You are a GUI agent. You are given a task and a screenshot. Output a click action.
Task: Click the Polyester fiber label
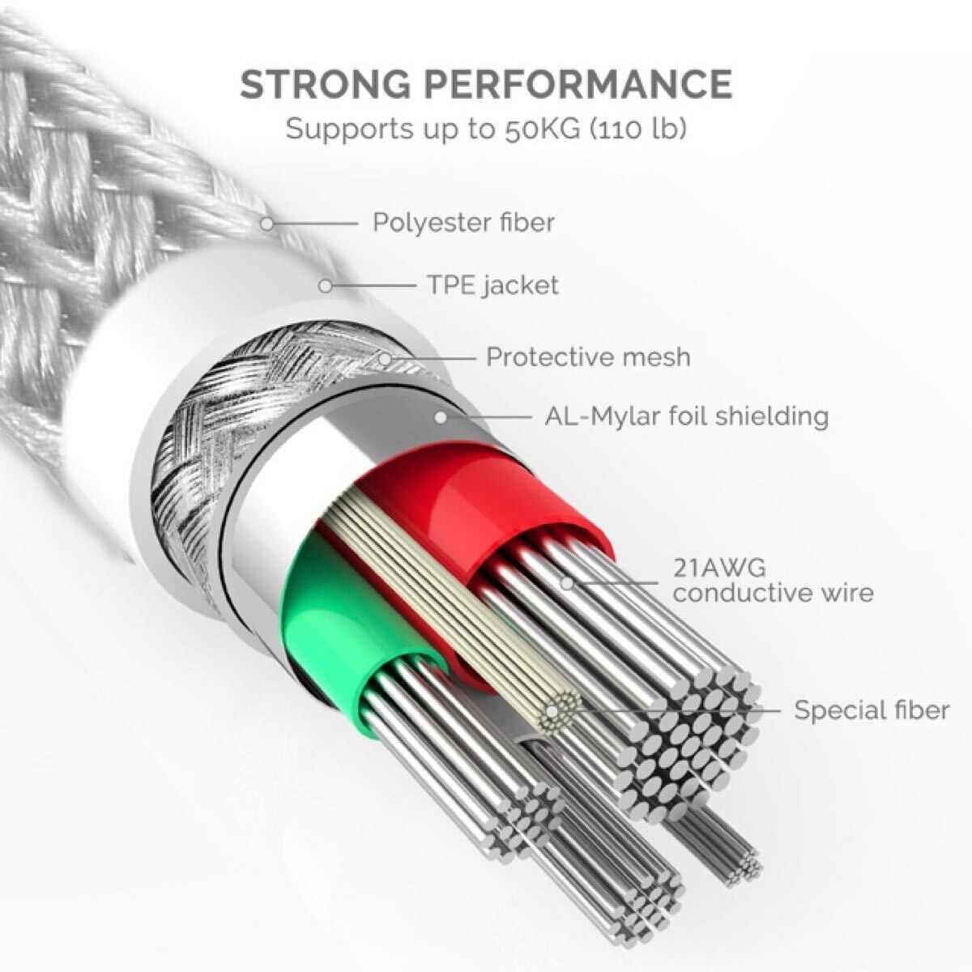coord(463,222)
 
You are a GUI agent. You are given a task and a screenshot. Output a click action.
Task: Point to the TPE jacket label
coord(492,285)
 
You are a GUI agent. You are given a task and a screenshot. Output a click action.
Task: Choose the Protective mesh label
coord(588,356)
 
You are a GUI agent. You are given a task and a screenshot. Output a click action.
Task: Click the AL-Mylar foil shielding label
coord(686,416)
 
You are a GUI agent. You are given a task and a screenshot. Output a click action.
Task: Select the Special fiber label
coord(871,710)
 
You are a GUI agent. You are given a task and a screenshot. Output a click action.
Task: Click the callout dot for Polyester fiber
coord(268,222)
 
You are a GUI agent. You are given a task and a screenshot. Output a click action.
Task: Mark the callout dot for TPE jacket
coord(326,286)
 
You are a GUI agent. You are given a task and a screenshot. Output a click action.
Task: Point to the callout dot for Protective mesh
coord(386,357)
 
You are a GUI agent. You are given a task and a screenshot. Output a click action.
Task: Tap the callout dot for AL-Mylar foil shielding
coord(441,417)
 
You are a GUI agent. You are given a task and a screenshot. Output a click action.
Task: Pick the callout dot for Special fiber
coord(554,711)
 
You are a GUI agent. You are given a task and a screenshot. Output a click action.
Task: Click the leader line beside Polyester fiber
coord(317,222)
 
